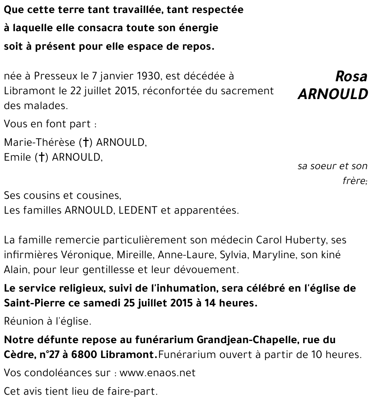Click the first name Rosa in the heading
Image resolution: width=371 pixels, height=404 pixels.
(x=351, y=76)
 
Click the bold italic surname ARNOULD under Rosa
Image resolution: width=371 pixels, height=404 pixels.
(x=332, y=94)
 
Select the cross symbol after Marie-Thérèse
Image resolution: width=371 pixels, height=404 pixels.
(x=86, y=142)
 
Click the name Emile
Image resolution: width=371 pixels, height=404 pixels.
(x=16, y=157)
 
